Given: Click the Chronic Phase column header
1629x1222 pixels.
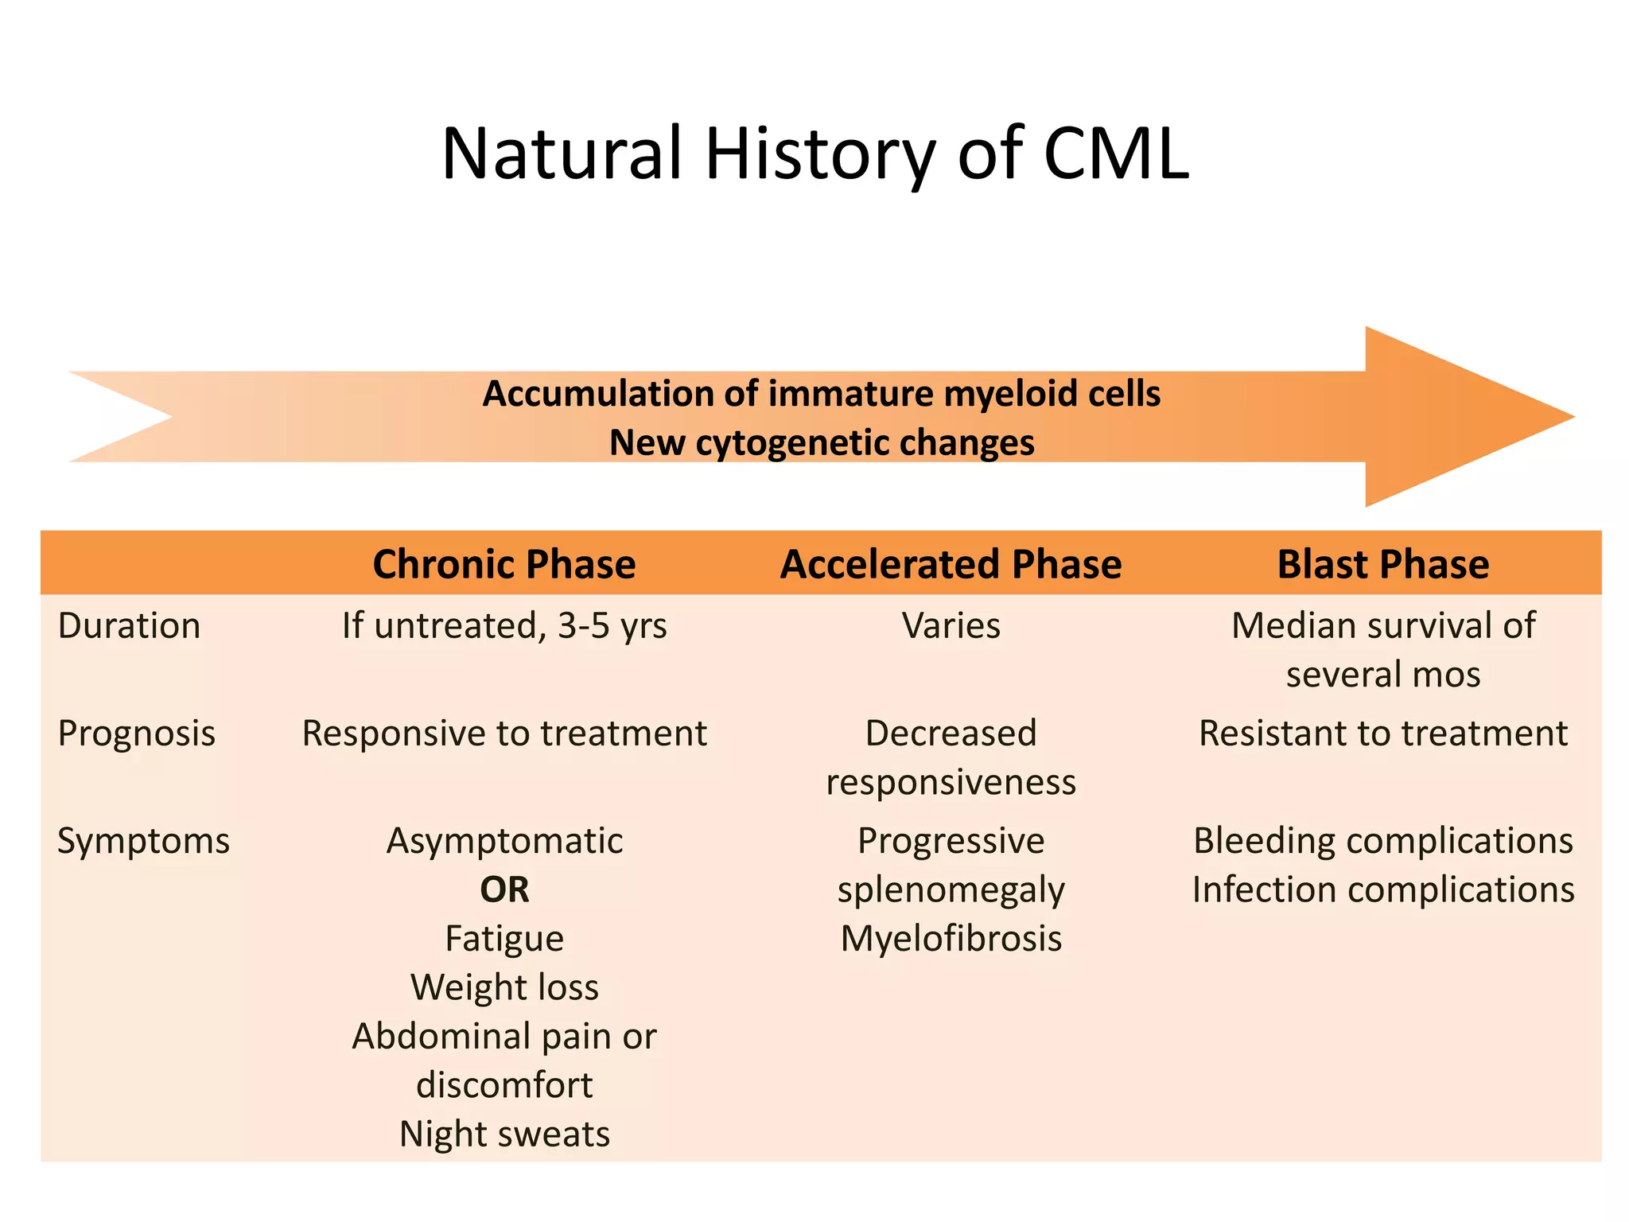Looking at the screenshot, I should click(x=504, y=564).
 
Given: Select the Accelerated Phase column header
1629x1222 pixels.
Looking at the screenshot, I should click(x=951, y=564).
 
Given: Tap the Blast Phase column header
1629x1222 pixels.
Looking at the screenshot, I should click(x=1382, y=564).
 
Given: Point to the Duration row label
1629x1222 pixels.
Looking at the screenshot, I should click(x=129, y=625).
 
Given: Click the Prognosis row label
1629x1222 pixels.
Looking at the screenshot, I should click(x=136, y=733).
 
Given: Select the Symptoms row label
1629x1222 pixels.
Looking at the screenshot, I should click(x=143, y=841).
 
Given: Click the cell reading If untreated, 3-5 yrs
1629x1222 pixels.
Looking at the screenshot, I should click(x=504, y=625).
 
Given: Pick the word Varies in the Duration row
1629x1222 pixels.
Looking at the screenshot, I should click(x=951, y=625).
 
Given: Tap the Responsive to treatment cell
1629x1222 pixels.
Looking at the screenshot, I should click(x=504, y=733).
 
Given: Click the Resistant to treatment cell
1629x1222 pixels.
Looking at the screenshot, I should click(x=1382, y=733).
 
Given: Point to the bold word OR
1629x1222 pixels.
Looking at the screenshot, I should click(x=504, y=889).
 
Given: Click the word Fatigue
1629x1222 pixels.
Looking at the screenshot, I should click(x=504, y=939).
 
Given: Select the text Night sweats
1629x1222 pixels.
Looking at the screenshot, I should click(x=504, y=1134).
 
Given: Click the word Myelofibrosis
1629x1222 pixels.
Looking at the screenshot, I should click(x=951, y=939).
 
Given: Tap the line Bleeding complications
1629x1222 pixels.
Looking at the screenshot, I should click(x=1382, y=841).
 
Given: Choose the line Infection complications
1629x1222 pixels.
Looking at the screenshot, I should click(x=1382, y=889).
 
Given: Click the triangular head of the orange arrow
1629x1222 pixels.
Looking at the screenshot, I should click(x=1448, y=417).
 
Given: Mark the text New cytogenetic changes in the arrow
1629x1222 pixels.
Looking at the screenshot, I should click(x=822, y=442).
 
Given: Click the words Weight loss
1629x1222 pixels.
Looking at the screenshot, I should click(x=504, y=987).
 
